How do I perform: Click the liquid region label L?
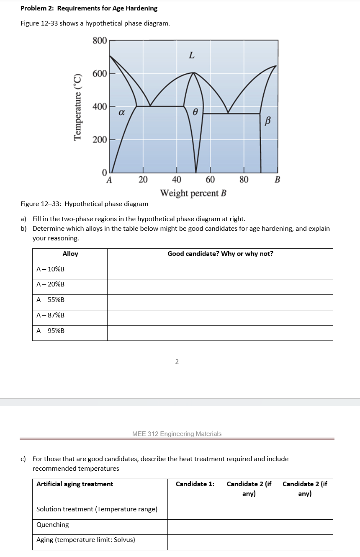tap(191, 55)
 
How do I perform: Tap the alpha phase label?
tap(121, 112)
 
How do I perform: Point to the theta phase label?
tap(195, 111)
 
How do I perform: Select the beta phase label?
tap(268, 121)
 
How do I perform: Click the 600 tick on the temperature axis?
tap(99, 73)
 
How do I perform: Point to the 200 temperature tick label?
tap(99, 139)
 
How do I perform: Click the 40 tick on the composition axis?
tap(176, 180)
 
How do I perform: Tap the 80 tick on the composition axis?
tap(244, 180)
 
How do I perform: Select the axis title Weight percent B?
tap(193, 193)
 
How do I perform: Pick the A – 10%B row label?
tap(51, 269)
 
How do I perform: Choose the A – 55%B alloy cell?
tap(51, 300)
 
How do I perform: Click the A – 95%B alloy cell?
tap(51, 331)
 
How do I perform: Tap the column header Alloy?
tap(70, 254)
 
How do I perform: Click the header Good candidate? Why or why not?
tap(220, 254)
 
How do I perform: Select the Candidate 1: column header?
tap(195, 484)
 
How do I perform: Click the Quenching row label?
tap(53, 525)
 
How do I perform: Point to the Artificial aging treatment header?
tap(75, 484)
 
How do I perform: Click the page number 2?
tap(177, 362)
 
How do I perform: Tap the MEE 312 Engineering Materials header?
tap(177, 434)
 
